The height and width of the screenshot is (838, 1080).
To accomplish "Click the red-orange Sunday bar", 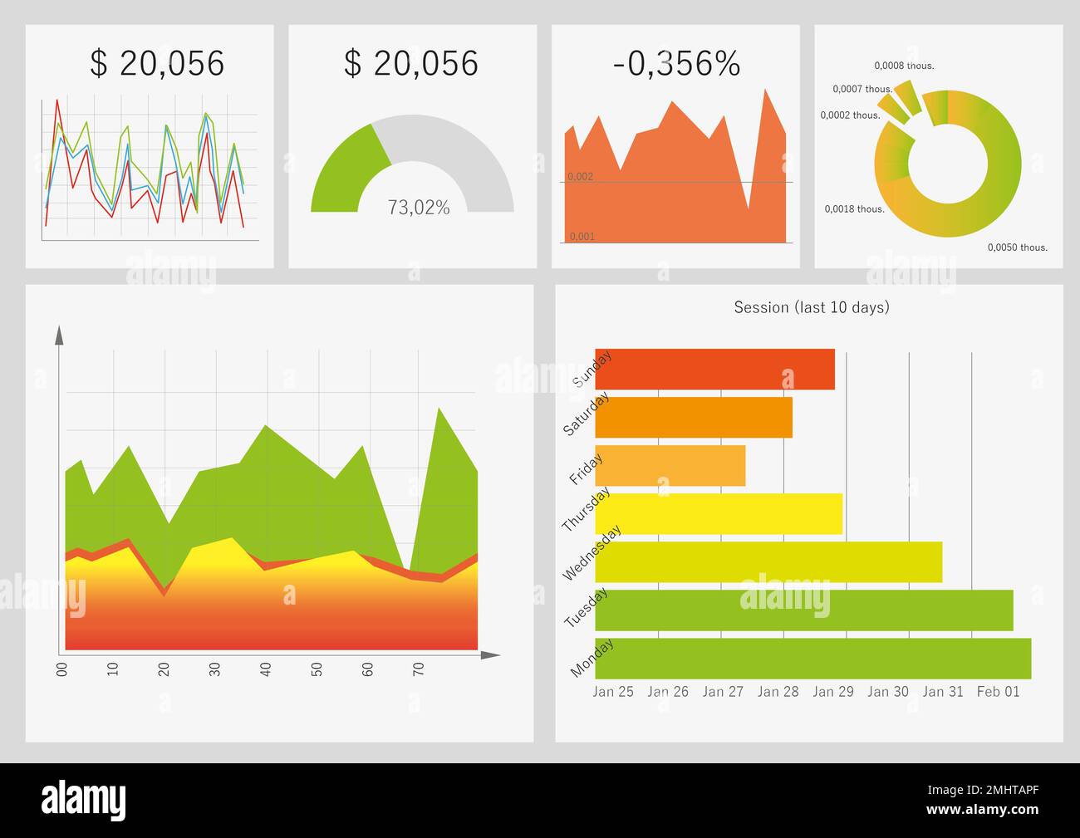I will coord(714,370).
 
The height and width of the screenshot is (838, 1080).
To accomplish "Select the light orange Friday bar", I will coord(670,466).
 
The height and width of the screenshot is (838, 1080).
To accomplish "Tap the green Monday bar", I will coord(812,659).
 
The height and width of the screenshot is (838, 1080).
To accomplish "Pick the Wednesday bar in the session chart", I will coord(768,562).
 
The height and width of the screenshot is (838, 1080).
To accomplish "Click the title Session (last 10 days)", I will coord(811,307).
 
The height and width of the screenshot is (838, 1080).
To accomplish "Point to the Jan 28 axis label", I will coord(778,692).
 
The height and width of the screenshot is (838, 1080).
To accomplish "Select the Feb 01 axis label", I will coord(998,692).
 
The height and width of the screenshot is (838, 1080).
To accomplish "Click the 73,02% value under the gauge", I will coord(419,208).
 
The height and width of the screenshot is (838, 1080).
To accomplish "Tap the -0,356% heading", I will coord(676,64).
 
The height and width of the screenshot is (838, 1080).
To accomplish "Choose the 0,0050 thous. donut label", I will coord(1017,247).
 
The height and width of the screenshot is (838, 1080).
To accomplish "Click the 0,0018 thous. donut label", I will coord(854,209).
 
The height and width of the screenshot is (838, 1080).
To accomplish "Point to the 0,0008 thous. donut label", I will coord(904,66).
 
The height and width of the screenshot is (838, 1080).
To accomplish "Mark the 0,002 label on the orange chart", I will coord(581,177).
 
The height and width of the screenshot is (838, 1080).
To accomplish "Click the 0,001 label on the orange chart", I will coord(582,237).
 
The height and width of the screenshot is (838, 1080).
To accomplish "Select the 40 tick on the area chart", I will coord(266,669).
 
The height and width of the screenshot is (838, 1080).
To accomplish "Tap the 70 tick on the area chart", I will coord(419,669).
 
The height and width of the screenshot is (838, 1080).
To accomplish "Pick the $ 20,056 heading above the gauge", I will coord(411,64).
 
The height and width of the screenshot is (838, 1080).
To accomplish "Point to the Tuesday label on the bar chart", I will coord(586,608).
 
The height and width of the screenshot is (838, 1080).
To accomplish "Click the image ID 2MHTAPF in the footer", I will coord(1005,791).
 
